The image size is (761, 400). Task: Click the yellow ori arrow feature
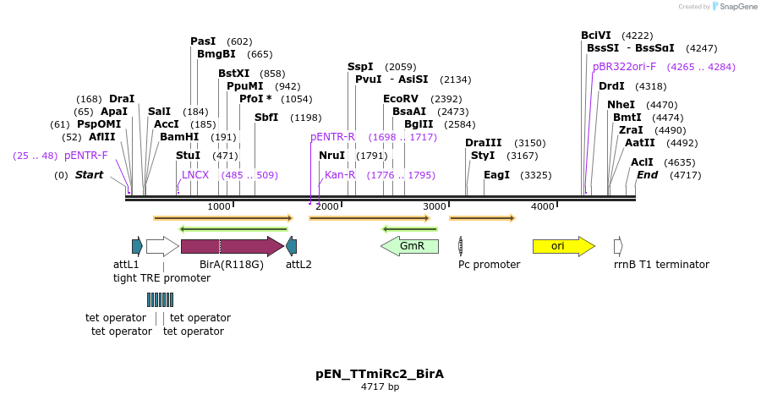563,246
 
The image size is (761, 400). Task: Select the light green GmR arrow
410,246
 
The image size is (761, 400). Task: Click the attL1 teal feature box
137,246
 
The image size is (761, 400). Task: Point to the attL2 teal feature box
292,246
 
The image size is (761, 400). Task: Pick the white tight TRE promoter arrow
162,246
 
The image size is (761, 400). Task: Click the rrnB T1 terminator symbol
618,246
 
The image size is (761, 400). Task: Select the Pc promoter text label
489,265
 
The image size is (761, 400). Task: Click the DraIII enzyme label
483,143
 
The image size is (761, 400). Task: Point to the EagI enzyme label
496,175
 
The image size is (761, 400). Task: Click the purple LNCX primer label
195,175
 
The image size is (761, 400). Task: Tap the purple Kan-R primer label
340,175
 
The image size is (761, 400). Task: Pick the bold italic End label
647,175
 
